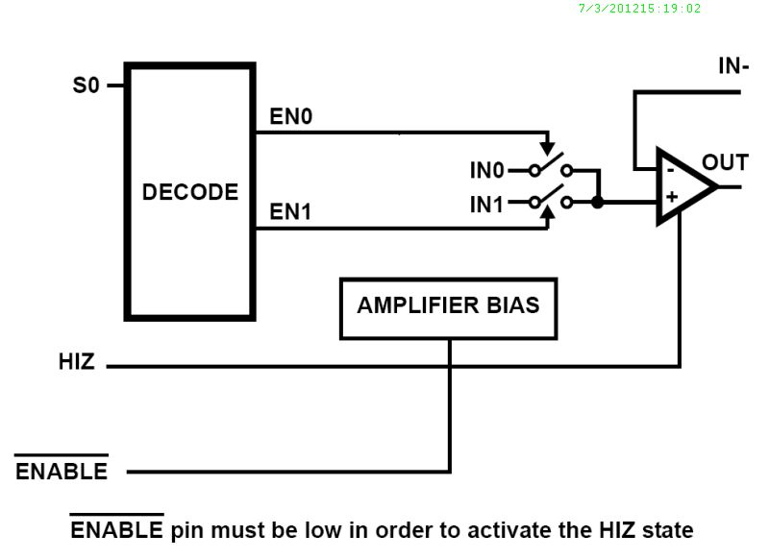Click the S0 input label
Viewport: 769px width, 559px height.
tap(87, 85)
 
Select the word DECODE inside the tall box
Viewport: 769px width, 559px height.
tap(190, 192)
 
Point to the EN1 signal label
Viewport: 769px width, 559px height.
tap(290, 212)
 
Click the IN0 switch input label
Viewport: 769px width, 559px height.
tap(486, 171)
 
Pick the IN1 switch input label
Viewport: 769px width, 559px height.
tap(486, 203)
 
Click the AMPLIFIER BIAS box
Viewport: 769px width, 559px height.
tap(448, 308)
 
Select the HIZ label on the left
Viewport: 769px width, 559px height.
tap(77, 363)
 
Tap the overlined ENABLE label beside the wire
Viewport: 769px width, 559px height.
tap(62, 472)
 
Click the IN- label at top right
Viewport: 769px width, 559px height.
tap(734, 66)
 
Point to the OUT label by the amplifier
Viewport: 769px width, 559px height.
tap(725, 161)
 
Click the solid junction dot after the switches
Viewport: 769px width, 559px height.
tap(598, 203)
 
